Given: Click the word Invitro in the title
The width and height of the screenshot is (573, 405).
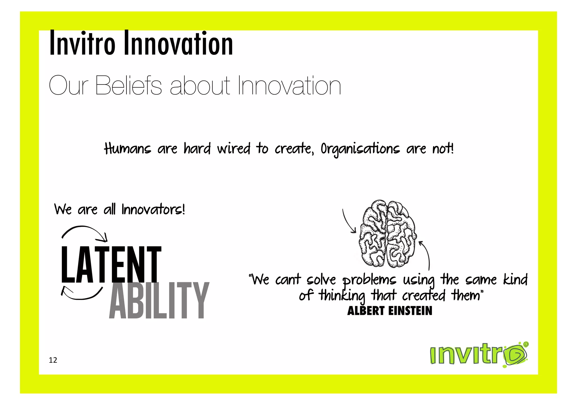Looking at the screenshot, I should click(82, 43).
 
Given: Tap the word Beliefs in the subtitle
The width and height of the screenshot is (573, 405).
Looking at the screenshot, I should click(128, 85).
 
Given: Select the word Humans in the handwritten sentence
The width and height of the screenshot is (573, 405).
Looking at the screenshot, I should click(127, 149).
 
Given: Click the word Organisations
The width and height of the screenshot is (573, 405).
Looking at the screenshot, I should click(360, 149).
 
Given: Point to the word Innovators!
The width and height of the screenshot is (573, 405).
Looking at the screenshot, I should click(153, 209).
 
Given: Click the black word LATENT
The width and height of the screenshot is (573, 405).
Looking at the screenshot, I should click(111, 264).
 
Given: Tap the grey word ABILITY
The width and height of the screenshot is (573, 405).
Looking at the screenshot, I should click(159, 301).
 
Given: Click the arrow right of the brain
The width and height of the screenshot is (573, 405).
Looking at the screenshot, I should click(426, 255).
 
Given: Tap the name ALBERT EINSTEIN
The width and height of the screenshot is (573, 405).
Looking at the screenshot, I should click(389, 311).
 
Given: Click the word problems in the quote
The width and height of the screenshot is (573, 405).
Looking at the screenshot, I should click(370, 280).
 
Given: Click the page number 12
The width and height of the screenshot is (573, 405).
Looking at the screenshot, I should click(53, 360).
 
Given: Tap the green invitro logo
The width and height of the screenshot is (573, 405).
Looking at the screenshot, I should click(478, 355).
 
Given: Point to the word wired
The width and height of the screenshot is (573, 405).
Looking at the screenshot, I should click(233, 149).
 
